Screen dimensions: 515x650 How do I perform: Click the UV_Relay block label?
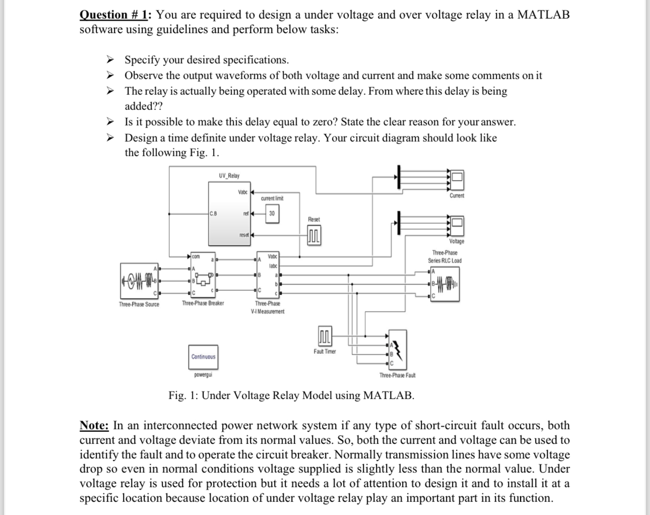click(229, 176)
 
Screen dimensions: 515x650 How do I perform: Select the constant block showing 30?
click(272, 214)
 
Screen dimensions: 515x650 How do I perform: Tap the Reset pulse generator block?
click(314, 235)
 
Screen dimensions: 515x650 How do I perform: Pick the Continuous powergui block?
click(203, 357)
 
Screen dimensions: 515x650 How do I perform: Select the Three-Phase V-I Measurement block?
click(268, 275)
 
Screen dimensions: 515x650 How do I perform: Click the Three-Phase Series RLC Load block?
click(444, 284)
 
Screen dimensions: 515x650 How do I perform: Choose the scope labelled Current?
click(457, 177)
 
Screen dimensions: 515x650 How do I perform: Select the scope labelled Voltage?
click(457, 223)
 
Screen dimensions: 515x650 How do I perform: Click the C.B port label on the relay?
click(213, 214)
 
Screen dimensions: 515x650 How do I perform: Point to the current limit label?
click(272, 199)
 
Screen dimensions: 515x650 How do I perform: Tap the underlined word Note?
click(94, 425)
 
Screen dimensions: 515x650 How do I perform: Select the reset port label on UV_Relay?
click(244, 235)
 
